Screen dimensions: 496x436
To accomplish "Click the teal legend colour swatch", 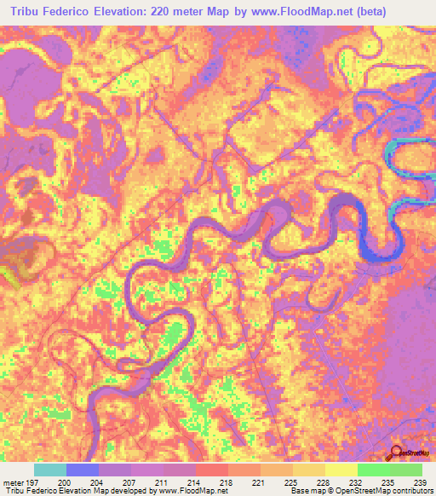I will pyautogui.click(x=50, y=470).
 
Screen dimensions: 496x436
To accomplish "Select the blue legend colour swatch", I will pyautogui.click(x=83, y=470).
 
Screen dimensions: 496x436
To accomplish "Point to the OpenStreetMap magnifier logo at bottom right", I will pyautogui.click(x=398, y=452).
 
